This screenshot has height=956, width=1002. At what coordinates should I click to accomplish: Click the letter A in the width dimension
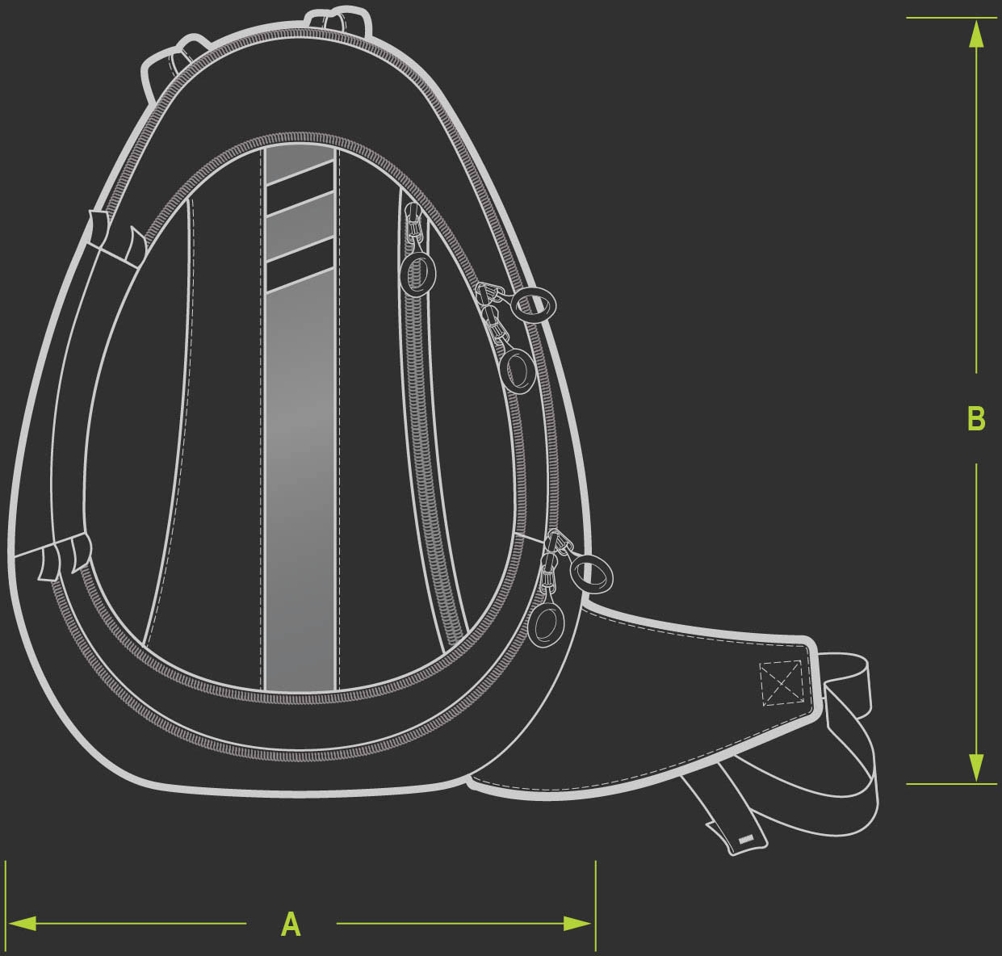click(291, 924)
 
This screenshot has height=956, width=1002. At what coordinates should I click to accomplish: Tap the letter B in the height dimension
click(976, 418)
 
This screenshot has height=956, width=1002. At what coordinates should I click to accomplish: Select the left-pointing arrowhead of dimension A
click(23, 924)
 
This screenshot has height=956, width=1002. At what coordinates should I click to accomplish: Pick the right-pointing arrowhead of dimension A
click(577, 924)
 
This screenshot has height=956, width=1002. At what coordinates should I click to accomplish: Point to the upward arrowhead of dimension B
click(976, 35)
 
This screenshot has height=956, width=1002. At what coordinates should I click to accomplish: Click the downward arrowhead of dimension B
click(976, 767)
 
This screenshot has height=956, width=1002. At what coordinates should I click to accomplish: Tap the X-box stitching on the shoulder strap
click(781, 684)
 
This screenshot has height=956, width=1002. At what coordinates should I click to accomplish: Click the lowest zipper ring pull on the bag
click(546, 625)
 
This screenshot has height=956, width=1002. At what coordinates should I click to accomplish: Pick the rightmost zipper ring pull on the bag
click(591, 575)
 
